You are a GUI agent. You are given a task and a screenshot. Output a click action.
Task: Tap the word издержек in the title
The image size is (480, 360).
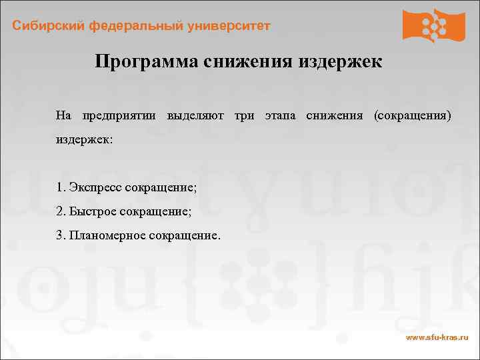[340, 62]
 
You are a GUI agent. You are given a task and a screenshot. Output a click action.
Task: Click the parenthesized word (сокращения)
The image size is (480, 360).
[413, 115]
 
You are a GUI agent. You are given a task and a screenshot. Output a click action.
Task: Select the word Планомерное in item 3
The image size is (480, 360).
[105, 236]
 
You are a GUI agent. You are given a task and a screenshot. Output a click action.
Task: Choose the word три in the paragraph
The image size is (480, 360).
[244, 115]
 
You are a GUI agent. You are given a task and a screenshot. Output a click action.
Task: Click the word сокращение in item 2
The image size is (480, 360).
[156, 211]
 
